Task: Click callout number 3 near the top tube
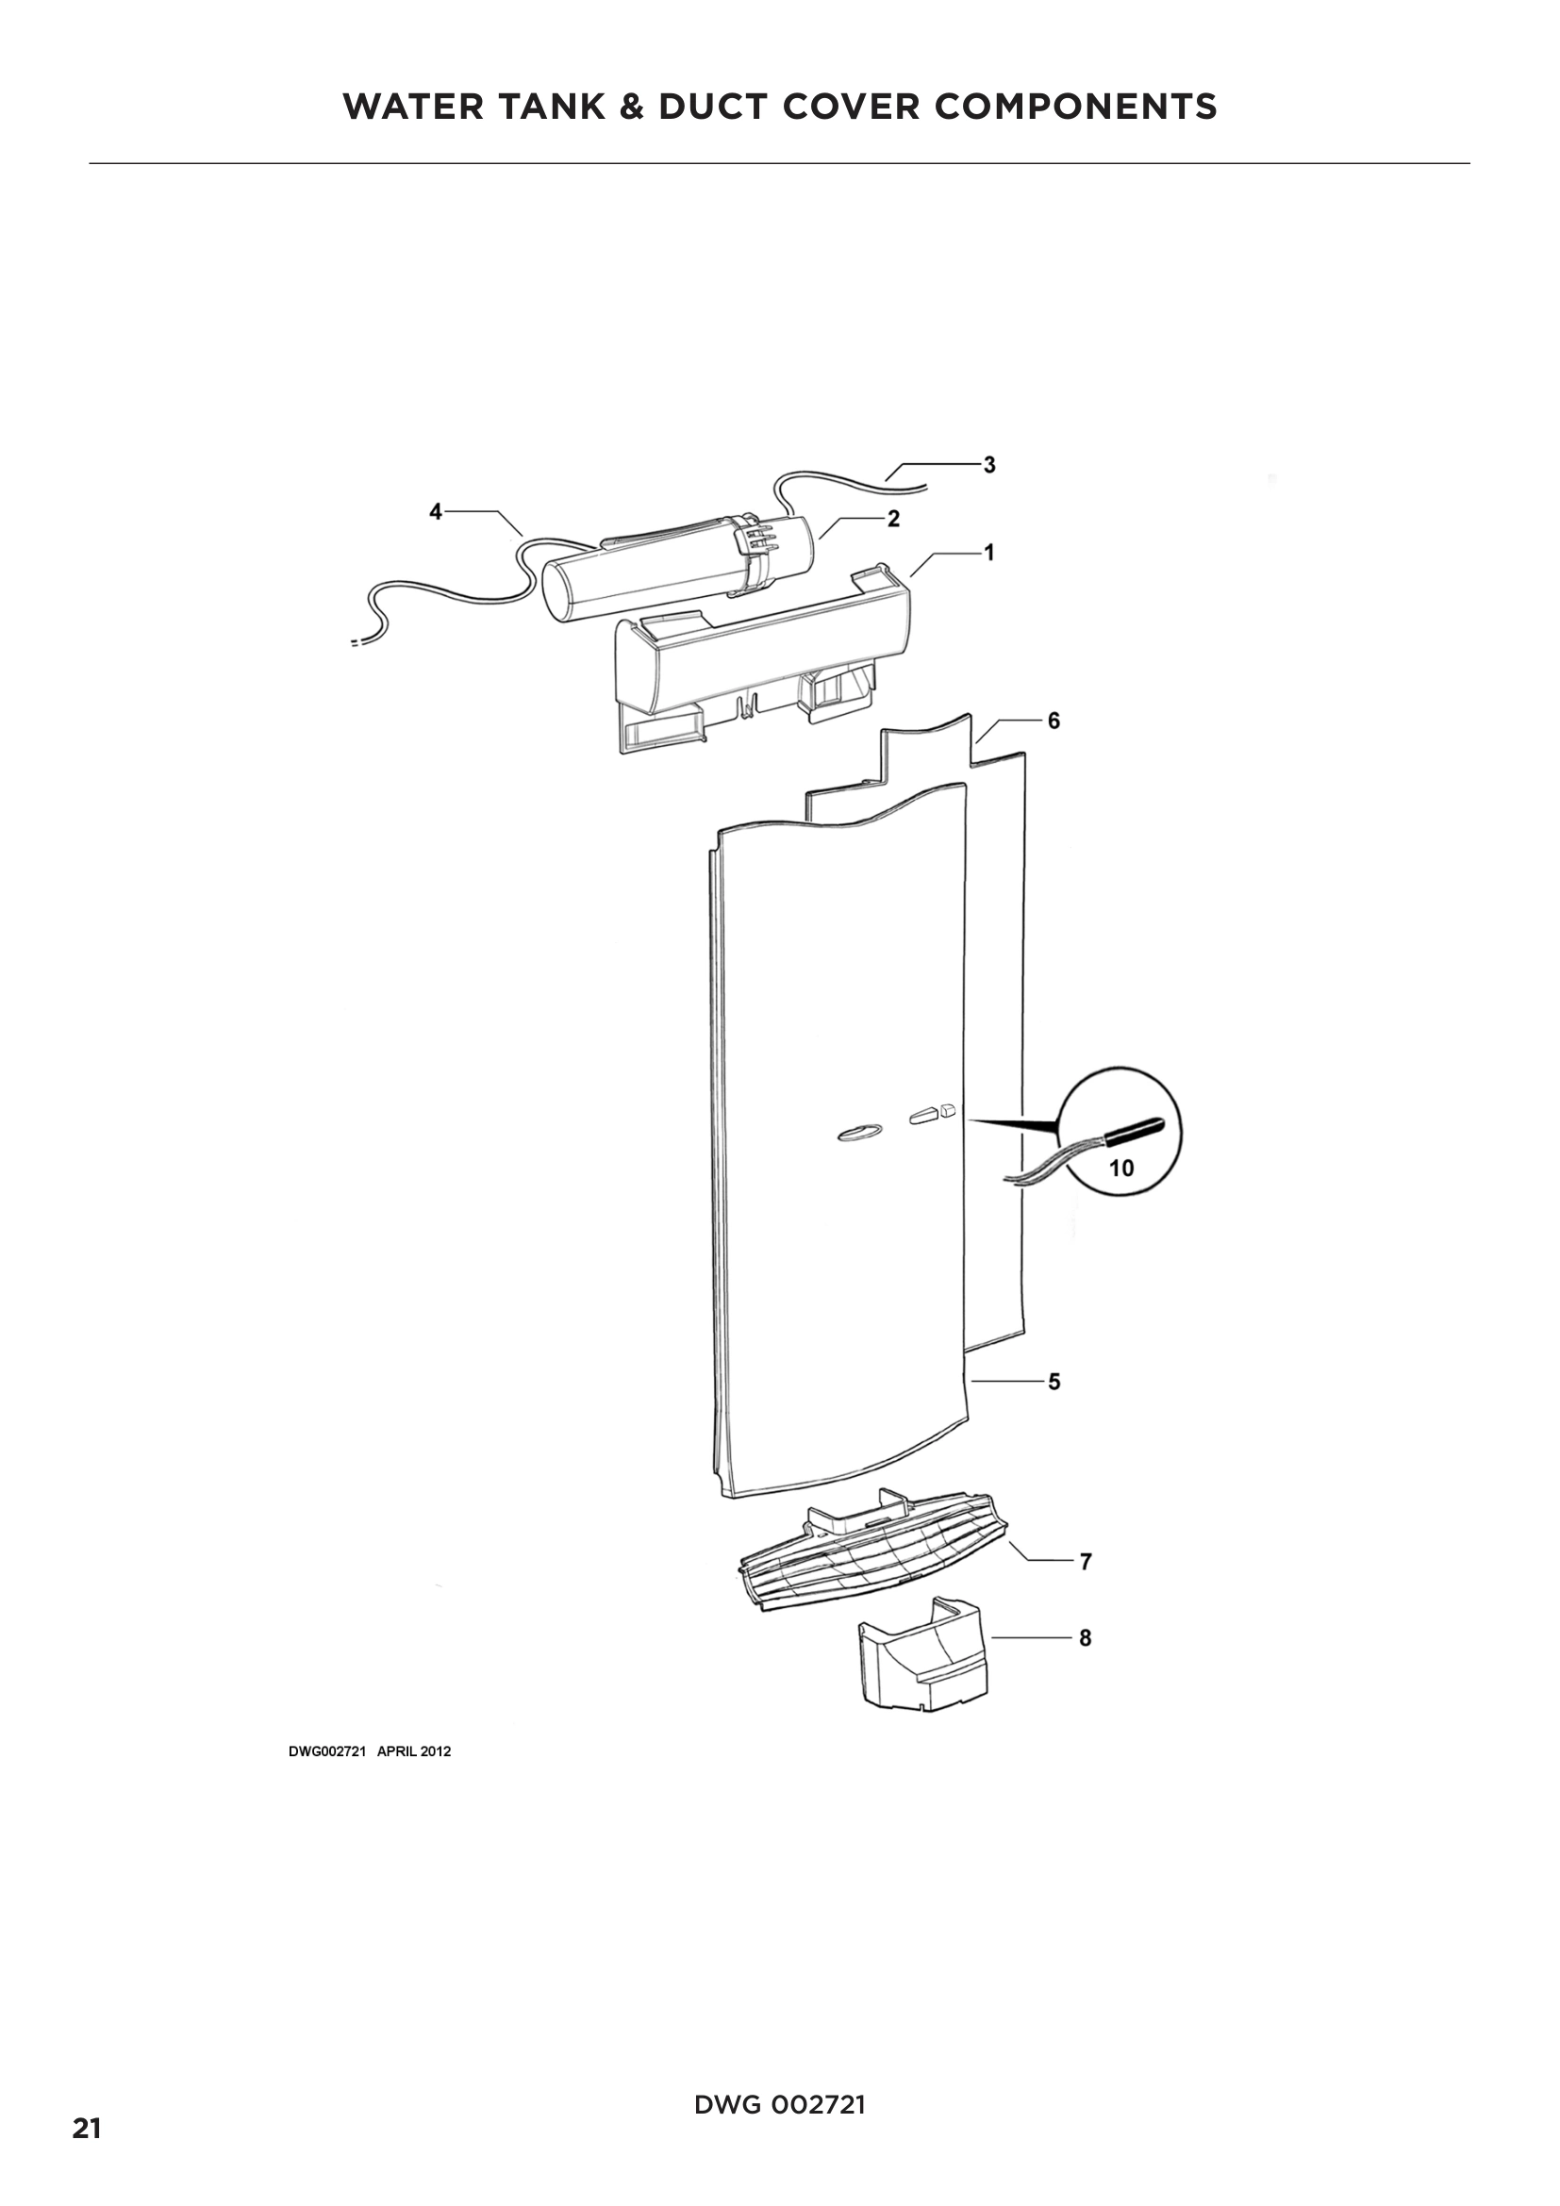point(989,465)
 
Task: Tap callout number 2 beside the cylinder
point(893,519)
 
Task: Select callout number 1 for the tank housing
point(989,553)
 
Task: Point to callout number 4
point(436,512)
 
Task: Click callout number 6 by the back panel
point(1054,721)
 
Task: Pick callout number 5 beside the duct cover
point(1054,1382)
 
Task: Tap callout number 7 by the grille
point(1086,1561)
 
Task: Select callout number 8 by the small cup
point(1086,1637)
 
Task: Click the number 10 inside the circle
point(1121,1169)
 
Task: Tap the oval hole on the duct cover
point(856,1133)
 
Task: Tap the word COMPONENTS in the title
point(1076,107)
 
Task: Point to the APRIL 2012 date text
point(413,1751)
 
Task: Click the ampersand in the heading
point(631,107)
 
